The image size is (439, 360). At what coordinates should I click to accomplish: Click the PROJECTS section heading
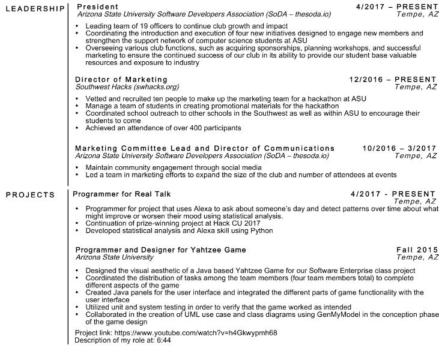[x=30, y=194]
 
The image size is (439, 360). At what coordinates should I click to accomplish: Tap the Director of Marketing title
[x=121, y=79]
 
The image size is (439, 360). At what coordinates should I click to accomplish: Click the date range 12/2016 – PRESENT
[x=393, y=79]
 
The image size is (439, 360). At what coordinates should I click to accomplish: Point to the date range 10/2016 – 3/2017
[x=399, y=148]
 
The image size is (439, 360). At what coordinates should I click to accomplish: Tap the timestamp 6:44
[x=163, y=340]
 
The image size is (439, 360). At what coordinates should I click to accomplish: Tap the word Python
[x=262, y=230]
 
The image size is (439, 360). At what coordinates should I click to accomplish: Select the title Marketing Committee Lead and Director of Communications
[x=205, y=148]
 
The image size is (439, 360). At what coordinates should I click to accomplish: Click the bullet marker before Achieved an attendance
[x=79, y=127]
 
